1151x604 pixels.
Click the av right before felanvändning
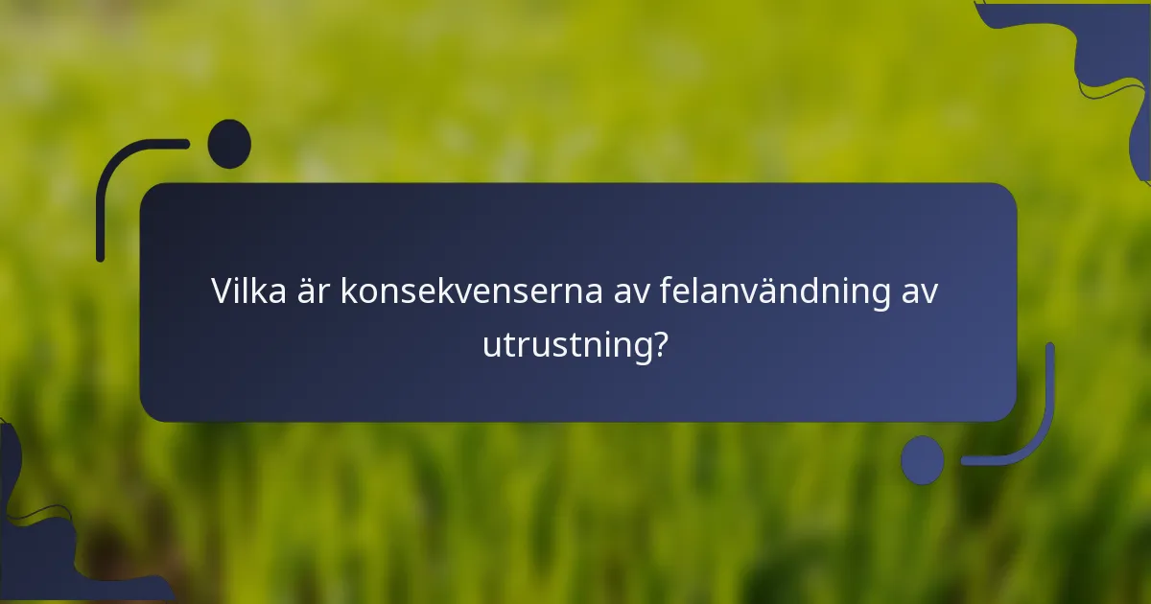[x=633, y=291]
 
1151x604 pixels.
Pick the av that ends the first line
[x=919, y=291]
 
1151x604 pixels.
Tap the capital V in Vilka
[x=222, y=291]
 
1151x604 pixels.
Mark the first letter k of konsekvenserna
[x=348, y=291]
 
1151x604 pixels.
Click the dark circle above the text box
[x=229, y=144]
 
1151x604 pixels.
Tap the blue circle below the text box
[x=922, y=460]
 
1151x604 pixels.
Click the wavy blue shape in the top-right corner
[x=1103, y=48]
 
